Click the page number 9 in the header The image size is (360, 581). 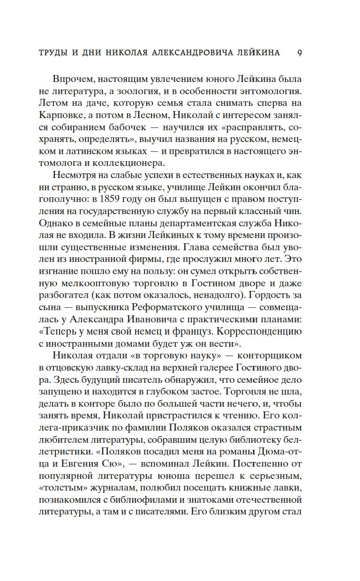coord(300,52)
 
